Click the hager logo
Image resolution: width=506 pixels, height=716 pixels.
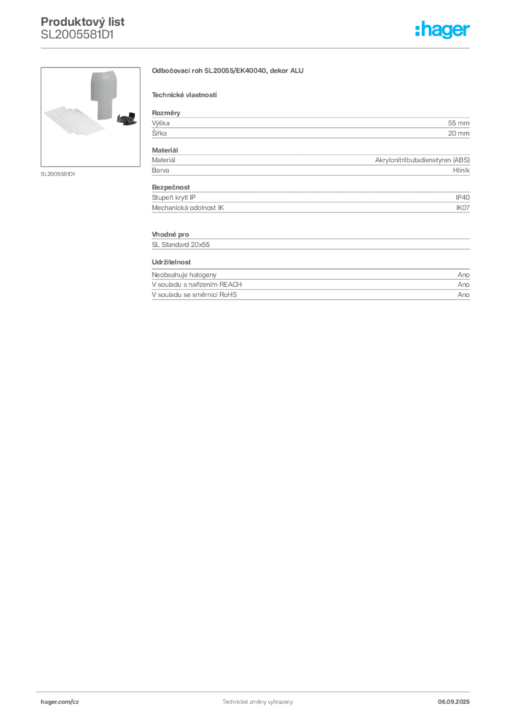(x=442, y=30)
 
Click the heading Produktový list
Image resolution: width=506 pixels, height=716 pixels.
(x=82, y=22)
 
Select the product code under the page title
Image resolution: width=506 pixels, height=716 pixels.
(x=77, y=35)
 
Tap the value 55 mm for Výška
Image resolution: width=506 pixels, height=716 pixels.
(x=458, y=123)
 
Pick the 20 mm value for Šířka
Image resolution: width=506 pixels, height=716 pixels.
(x=458, y=134)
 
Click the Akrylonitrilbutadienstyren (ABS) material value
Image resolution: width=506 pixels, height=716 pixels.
(x=422, y=160)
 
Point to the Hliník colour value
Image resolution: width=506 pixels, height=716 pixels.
(x=461, y=171)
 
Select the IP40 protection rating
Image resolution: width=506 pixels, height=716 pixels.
(x=463, y=198)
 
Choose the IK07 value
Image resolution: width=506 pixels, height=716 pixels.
(x=463, y=208)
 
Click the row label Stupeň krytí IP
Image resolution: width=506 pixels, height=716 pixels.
(x=173, y=198)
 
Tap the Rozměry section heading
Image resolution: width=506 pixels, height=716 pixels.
(x=166, y=113)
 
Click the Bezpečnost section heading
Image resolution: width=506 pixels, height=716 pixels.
(x=171, y=187)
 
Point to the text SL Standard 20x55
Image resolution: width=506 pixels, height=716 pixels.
(x=181, y=245)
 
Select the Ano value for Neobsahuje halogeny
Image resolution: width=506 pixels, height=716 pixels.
(x=463, y=275)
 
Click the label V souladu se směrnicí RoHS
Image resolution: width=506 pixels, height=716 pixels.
(x=194, y=295)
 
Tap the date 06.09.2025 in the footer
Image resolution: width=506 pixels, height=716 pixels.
(x=454, y=702)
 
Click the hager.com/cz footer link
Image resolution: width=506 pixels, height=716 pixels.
(x=60, y=702)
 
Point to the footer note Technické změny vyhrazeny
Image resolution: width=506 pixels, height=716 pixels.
(x=258, y=702)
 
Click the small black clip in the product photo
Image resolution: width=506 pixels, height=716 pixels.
(x=127, y=118)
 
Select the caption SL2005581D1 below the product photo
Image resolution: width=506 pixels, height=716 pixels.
(x=58, y=174)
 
